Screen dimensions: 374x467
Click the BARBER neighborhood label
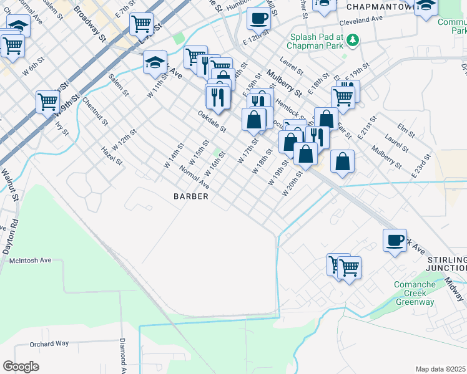190,196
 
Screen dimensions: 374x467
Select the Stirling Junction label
446,264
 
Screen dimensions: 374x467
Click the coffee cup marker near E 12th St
258,19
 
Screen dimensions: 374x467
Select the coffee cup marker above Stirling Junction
395,241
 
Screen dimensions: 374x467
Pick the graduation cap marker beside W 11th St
155,62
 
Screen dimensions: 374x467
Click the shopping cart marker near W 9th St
47,102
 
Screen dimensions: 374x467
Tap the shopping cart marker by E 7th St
141,24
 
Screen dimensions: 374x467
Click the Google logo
21,366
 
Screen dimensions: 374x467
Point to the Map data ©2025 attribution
440,369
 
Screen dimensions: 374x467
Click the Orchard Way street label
50,343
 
